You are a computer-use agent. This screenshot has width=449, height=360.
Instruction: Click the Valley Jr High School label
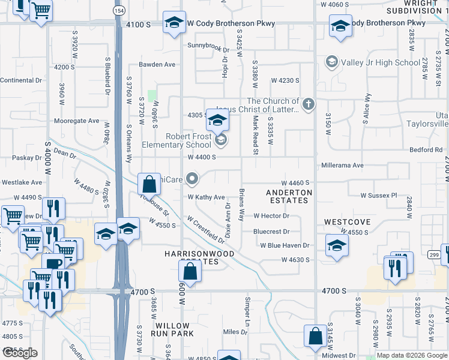click(x=380, y=62)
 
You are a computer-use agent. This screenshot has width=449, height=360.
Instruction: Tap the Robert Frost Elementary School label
click(x=176, y=140)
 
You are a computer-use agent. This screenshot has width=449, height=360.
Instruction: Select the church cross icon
click(x=308, y=104)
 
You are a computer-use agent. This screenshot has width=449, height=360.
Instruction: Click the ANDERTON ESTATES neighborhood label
click(x=289, y=196)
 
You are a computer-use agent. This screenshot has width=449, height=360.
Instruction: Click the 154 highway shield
click(x=118, y=12)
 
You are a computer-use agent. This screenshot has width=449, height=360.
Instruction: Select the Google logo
click(x=20, y=353)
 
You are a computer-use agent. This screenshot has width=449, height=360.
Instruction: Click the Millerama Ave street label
click(x=342, y=165)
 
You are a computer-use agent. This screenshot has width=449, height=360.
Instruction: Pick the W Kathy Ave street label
click(x=206, y=197)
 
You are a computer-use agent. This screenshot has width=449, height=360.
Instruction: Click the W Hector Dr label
click(x=271, y=216)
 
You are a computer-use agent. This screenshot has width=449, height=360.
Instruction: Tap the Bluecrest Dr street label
click(x=271, y=231)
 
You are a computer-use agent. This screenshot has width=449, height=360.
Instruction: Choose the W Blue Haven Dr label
click(x=284, y=245)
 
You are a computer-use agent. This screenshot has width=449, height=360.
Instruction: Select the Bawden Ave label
click(x=157, y=64)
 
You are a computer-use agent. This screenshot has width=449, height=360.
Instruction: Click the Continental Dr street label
click(x=21, y=80)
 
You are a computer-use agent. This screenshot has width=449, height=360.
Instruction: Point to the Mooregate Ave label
click(x=76, y=121)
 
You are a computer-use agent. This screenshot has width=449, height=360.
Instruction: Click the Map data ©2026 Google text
click(x=412, y=355)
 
